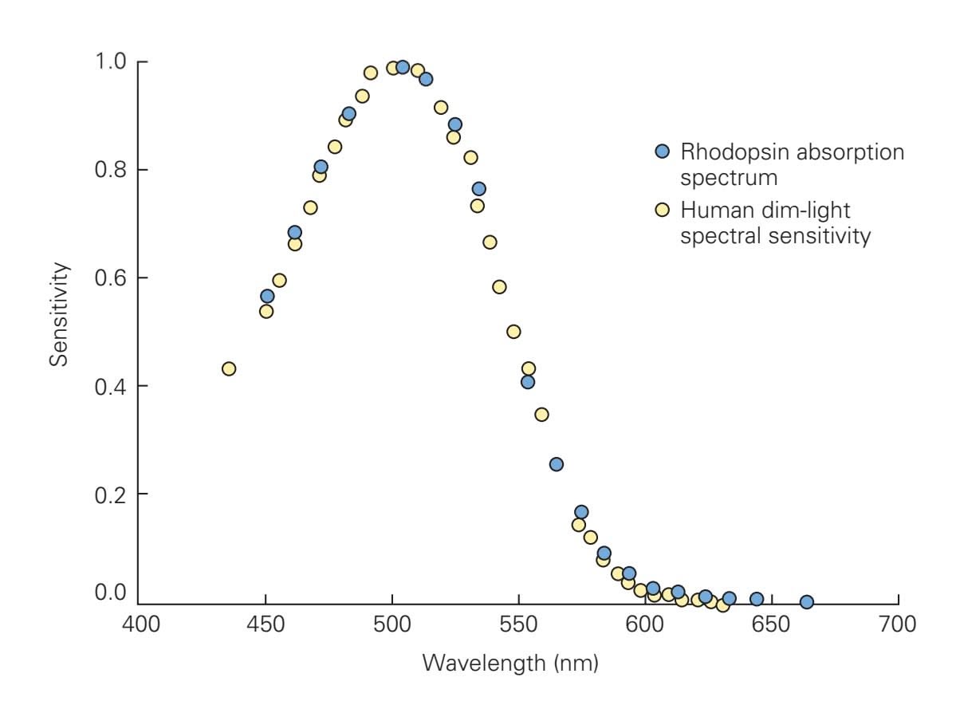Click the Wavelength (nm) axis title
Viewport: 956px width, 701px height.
pos(510,663)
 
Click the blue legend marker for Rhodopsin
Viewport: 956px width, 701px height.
pos(661,151)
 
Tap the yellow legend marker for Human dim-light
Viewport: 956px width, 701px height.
pos(661,211)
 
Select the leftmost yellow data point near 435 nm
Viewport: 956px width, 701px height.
pos(229,368)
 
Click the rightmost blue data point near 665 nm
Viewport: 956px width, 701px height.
pos(807,602)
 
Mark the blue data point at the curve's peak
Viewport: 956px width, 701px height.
pos(403,67)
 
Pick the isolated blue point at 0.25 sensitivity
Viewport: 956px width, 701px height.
pos(557,464)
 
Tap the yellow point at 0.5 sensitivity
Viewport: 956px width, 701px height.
pos(513,332)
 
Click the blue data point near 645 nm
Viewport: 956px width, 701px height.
pos(757,599)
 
